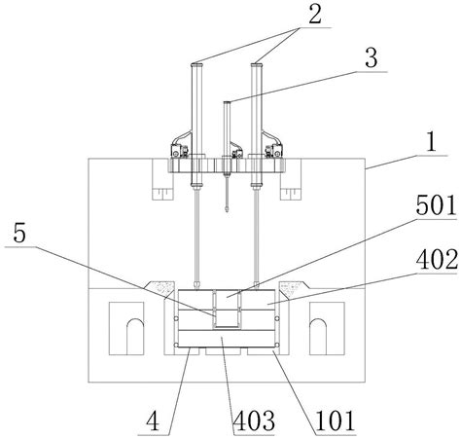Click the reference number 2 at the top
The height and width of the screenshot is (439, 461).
click(x=315, y=15)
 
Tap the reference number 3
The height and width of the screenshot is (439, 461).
click(x=372, y=57)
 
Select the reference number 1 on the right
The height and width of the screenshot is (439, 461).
click(x=431, y=142)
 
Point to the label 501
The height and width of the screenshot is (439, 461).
click(x=436, y=206)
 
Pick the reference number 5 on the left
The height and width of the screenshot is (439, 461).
click(x=19, y=234)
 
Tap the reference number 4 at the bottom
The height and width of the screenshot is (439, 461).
click(x=153, y=421)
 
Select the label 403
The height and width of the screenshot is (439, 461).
click(x=254, y=421)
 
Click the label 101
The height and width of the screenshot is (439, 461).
click(x=335, y=421)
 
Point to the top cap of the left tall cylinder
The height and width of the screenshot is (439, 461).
click(x=197, y=65)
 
